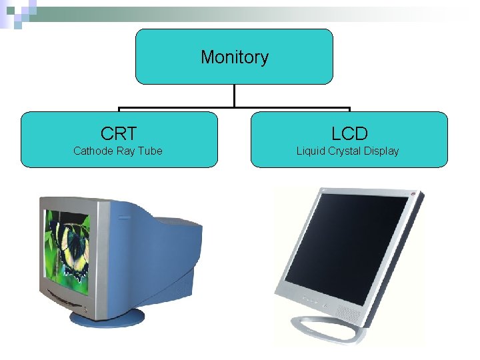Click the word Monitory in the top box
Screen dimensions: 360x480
pos(234,57)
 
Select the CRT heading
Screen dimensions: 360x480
pos(119,133)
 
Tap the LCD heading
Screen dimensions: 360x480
pos(349,133)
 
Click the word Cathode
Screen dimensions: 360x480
pos(93,151)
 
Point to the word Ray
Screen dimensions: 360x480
pos(126,151)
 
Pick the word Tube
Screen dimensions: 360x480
pos(150,151)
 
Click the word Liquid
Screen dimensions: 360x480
pos(311,151)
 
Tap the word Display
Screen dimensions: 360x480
pos(381,151)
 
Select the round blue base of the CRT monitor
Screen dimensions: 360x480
pos(107,317)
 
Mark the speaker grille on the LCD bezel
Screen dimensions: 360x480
pos(347,312)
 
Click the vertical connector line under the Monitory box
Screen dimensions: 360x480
pos(234,96)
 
